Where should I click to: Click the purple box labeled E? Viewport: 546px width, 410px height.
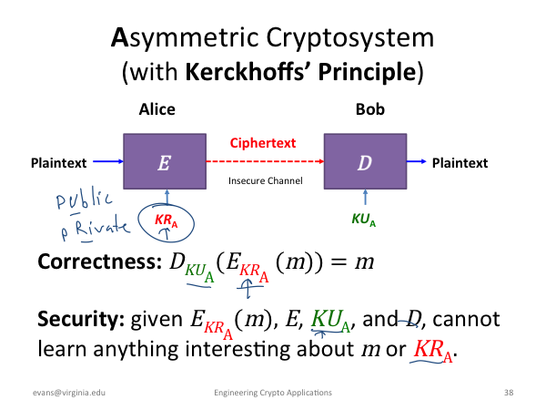pyautogui.click(x=165, y=161)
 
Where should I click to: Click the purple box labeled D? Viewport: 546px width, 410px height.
pyautogui.click(x=365, y=161)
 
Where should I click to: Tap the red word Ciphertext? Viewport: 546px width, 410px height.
pyautogui.click(x=263, y=143)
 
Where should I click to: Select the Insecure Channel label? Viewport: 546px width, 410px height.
pyautogui.click(x=266, y=180)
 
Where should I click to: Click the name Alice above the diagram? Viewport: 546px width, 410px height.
pyautogui.click(x=157, y=109)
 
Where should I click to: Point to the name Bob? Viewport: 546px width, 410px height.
pyautogui.click(x=370, y=109)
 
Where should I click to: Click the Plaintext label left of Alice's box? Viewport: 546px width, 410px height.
pyautogui.click(x=59, y=163)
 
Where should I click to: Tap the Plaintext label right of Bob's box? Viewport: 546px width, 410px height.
pyautogui.click(x=460, y=163)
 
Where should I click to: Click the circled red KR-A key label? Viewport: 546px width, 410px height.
pyautogui.click(x=167, y=220)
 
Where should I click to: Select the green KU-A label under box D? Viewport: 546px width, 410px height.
pyautogui.click(x=363, y=220)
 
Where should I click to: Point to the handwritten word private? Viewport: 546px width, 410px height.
pyautogui.click(x=95, y=228)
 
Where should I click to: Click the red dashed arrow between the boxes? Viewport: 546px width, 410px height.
pyautogui.click(x=266, y=161)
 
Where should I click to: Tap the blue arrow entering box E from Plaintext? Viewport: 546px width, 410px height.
pyautogui.click(x=108, y=161)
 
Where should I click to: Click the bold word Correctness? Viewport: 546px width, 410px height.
pyautogui.click(x=100, y=261)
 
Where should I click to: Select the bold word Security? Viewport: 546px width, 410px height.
pyautogui.click(x=81, y=319)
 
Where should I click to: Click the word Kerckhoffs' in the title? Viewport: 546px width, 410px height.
pyautogui.click(x=247, y=72)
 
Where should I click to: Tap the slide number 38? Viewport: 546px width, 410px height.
pyautogui.click(x=509, y=393)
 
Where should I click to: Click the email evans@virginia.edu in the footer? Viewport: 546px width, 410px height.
pyautogui.click(x=69, y=393)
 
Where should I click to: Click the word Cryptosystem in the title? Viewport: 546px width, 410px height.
pyautogui.click(x=350, y=38)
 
